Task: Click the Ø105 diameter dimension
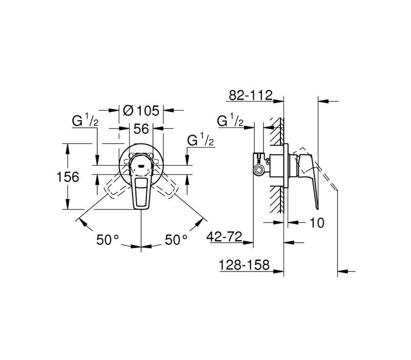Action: click(141, 111)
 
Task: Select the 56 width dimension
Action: click(141, 129)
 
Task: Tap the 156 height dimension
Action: click(68, 177)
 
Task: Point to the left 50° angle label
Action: click(107, 240)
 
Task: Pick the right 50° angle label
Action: click(176, 240)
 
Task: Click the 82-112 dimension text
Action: click(251, 95)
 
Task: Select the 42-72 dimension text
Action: click(225, 237)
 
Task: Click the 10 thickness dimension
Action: click(317, 223)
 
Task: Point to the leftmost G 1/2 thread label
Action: click(85, 120)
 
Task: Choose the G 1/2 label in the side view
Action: click(230, 120)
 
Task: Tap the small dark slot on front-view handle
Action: click(141, 166)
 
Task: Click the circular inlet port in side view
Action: click(260, 170)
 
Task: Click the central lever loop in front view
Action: click(141, 193)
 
